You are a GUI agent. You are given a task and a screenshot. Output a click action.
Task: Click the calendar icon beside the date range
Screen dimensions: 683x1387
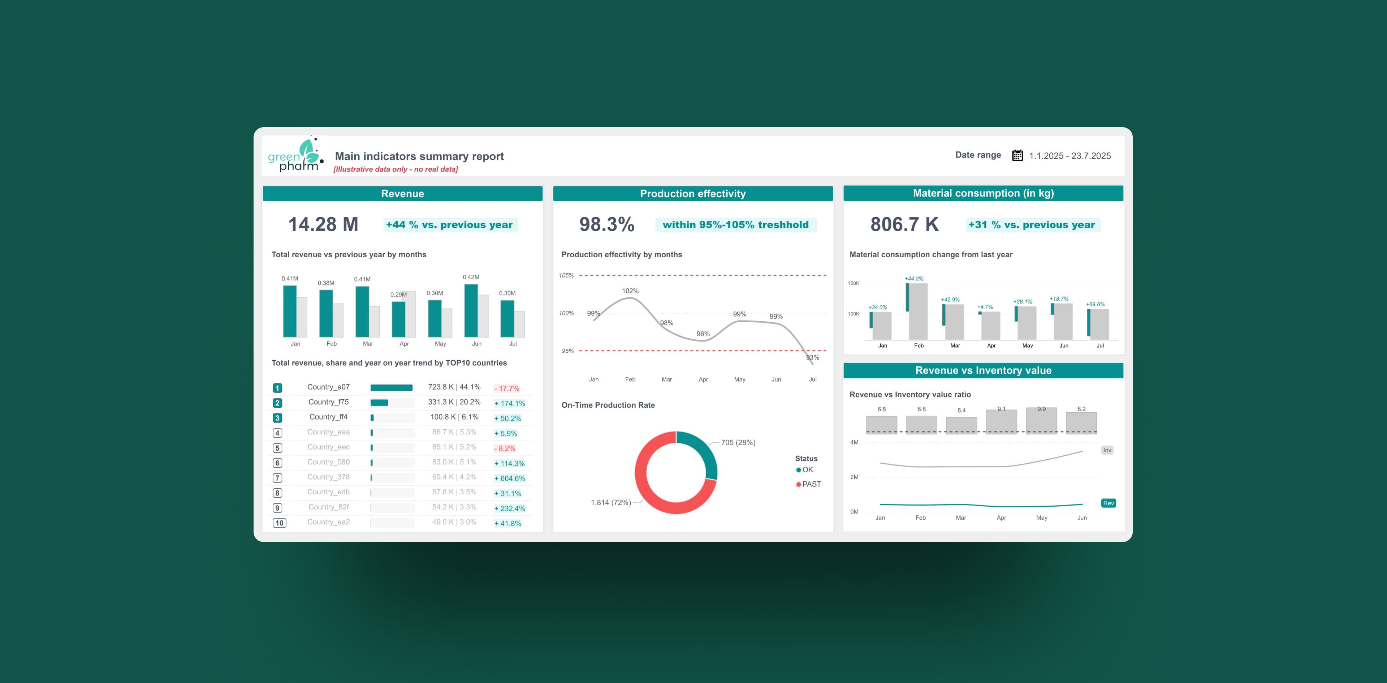[x=1017, y=156]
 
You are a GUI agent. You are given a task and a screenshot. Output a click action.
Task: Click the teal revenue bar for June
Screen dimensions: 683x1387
[x=471, y=311]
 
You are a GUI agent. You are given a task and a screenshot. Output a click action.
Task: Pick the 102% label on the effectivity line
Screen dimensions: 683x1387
[x=630, y=291]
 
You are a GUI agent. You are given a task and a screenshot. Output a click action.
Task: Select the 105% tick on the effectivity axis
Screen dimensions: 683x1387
[x=566, y=276]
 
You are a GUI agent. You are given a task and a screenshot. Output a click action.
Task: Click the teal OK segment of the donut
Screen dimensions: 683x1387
[x=703, y=450]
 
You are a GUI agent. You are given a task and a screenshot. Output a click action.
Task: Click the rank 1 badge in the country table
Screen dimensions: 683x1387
[x=277, y=388]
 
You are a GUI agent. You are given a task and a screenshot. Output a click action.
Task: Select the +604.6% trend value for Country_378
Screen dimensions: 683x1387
[x=509, y=478]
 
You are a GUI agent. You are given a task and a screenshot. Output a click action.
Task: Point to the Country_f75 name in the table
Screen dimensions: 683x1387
[x=328, y=402]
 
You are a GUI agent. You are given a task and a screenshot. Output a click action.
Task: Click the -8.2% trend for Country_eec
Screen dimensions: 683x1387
[x=505, y=448]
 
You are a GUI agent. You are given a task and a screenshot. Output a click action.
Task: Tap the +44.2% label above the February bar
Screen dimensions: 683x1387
[x=914, y=279]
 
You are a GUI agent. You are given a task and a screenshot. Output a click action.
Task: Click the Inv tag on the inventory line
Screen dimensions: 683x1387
[x=1107, y=450]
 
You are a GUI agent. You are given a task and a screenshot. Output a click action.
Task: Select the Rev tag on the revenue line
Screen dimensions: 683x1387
[x=1108, y=503]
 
